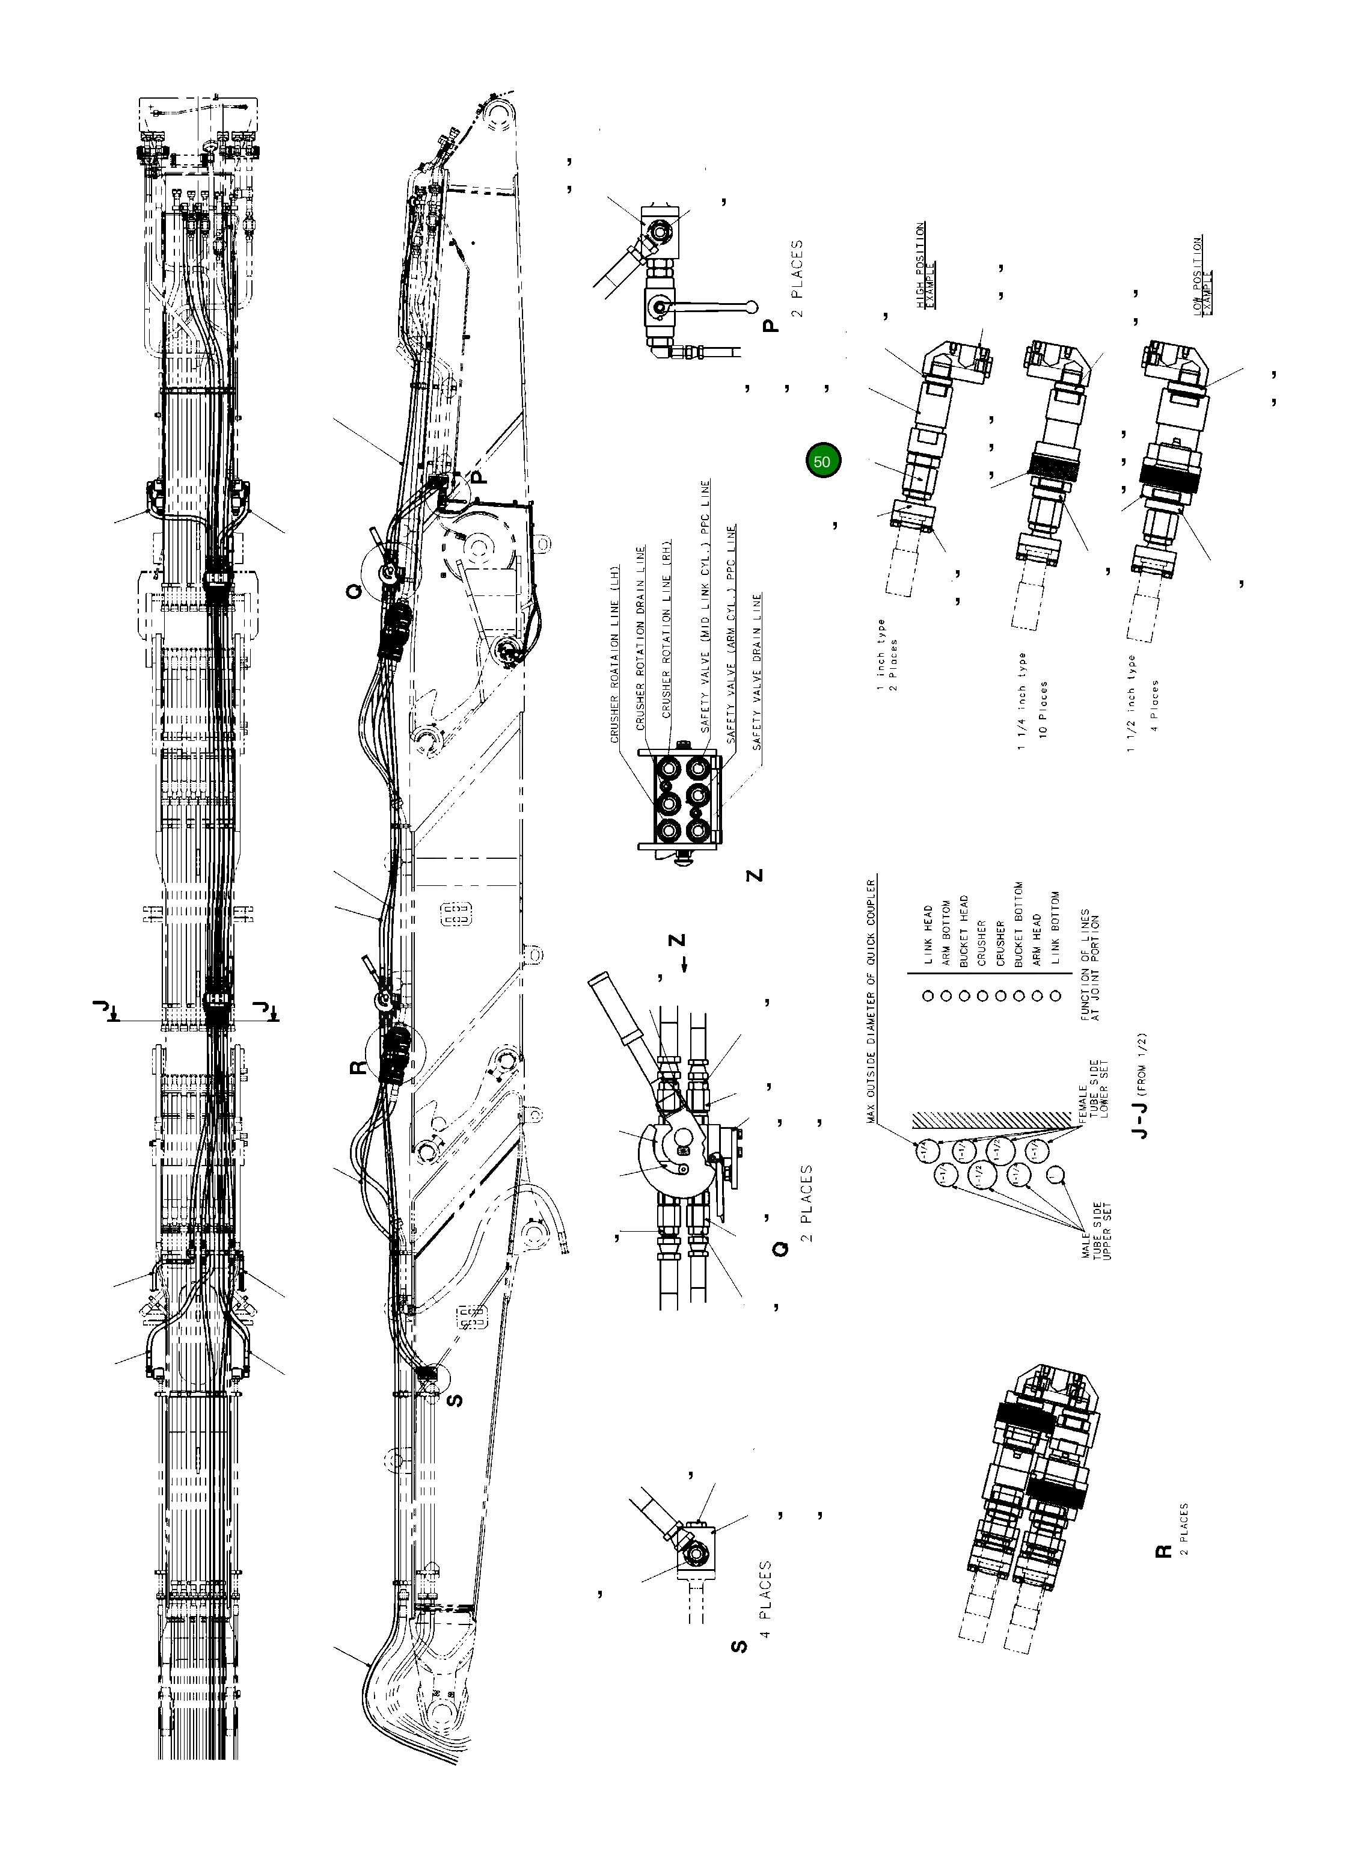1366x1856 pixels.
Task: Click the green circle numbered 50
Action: [822, 461]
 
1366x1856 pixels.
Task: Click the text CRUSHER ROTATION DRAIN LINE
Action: [639, 637]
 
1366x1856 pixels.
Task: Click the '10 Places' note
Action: [1044, 710]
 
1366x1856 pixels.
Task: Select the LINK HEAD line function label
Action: [928, 935]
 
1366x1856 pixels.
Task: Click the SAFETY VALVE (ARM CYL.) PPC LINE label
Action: [732, 635]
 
